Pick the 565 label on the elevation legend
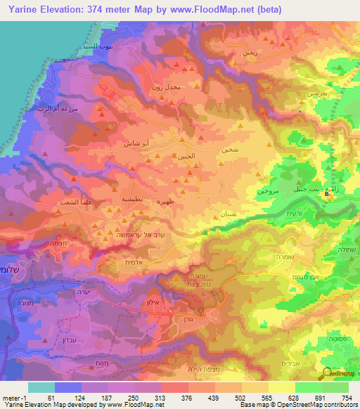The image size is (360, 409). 268,398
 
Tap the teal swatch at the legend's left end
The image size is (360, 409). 41,387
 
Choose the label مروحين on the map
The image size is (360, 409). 267,190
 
